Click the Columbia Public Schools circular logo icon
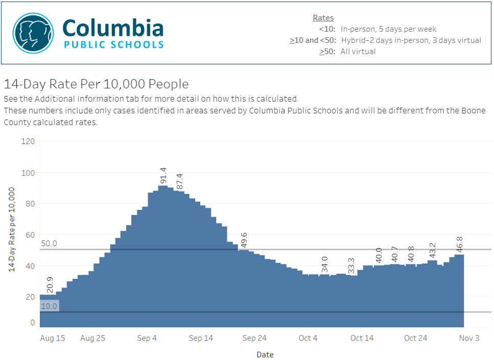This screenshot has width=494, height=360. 33,34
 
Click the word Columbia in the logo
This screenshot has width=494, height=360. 113,28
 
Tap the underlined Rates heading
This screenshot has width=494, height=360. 323,18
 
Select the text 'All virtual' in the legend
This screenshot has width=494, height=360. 358,52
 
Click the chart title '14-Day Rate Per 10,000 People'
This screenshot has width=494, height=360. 96,84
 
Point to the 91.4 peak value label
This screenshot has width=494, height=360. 163,175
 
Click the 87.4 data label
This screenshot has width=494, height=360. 179,181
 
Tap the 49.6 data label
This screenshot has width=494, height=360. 244,239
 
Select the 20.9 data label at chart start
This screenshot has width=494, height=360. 50,285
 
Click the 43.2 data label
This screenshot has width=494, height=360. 433,251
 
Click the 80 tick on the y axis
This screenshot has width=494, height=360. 30,204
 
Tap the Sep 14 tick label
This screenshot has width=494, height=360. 201,338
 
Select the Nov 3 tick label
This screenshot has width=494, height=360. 469,338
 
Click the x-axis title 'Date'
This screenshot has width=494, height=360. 265,354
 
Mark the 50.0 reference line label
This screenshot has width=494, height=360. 49,244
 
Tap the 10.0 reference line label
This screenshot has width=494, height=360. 49,306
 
